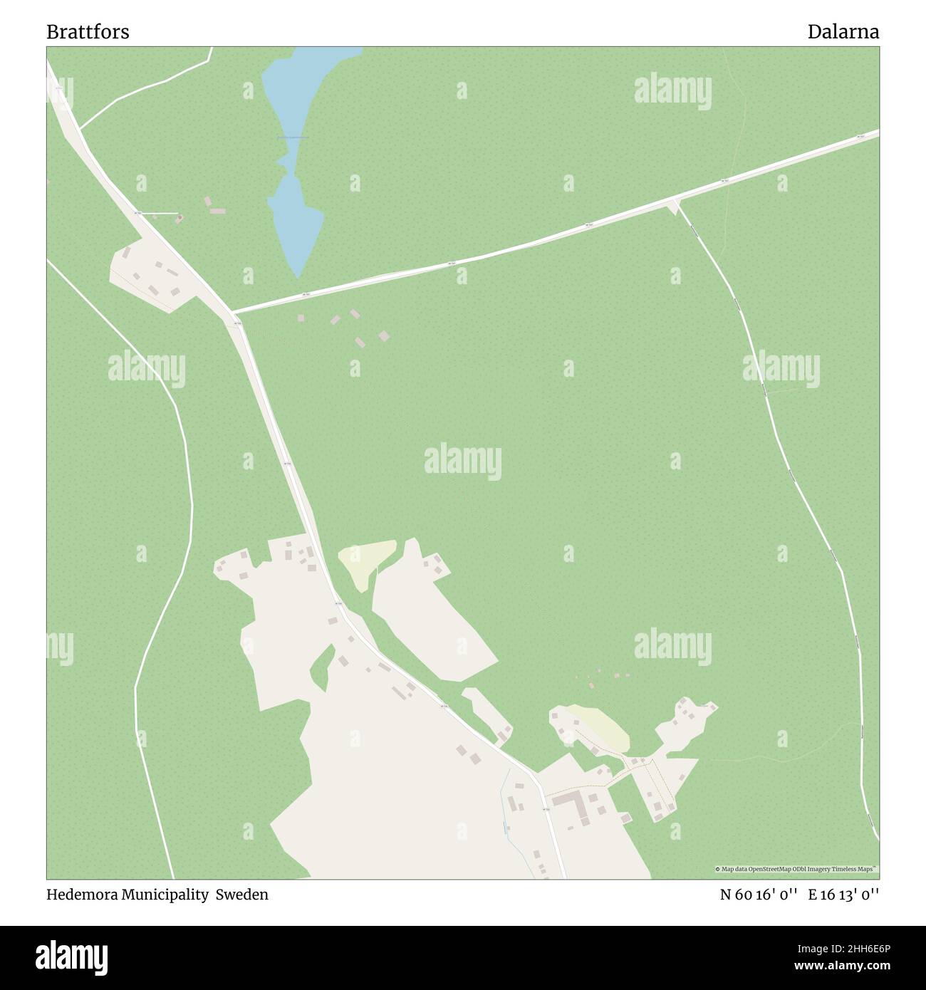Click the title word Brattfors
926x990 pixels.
[x=88, y=32]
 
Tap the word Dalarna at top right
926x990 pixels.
[x=843, y=32]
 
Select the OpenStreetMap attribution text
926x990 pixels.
[x=796, y=869]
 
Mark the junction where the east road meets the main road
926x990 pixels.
[x=233, y=312]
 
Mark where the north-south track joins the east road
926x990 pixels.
[x=675, y=204]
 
